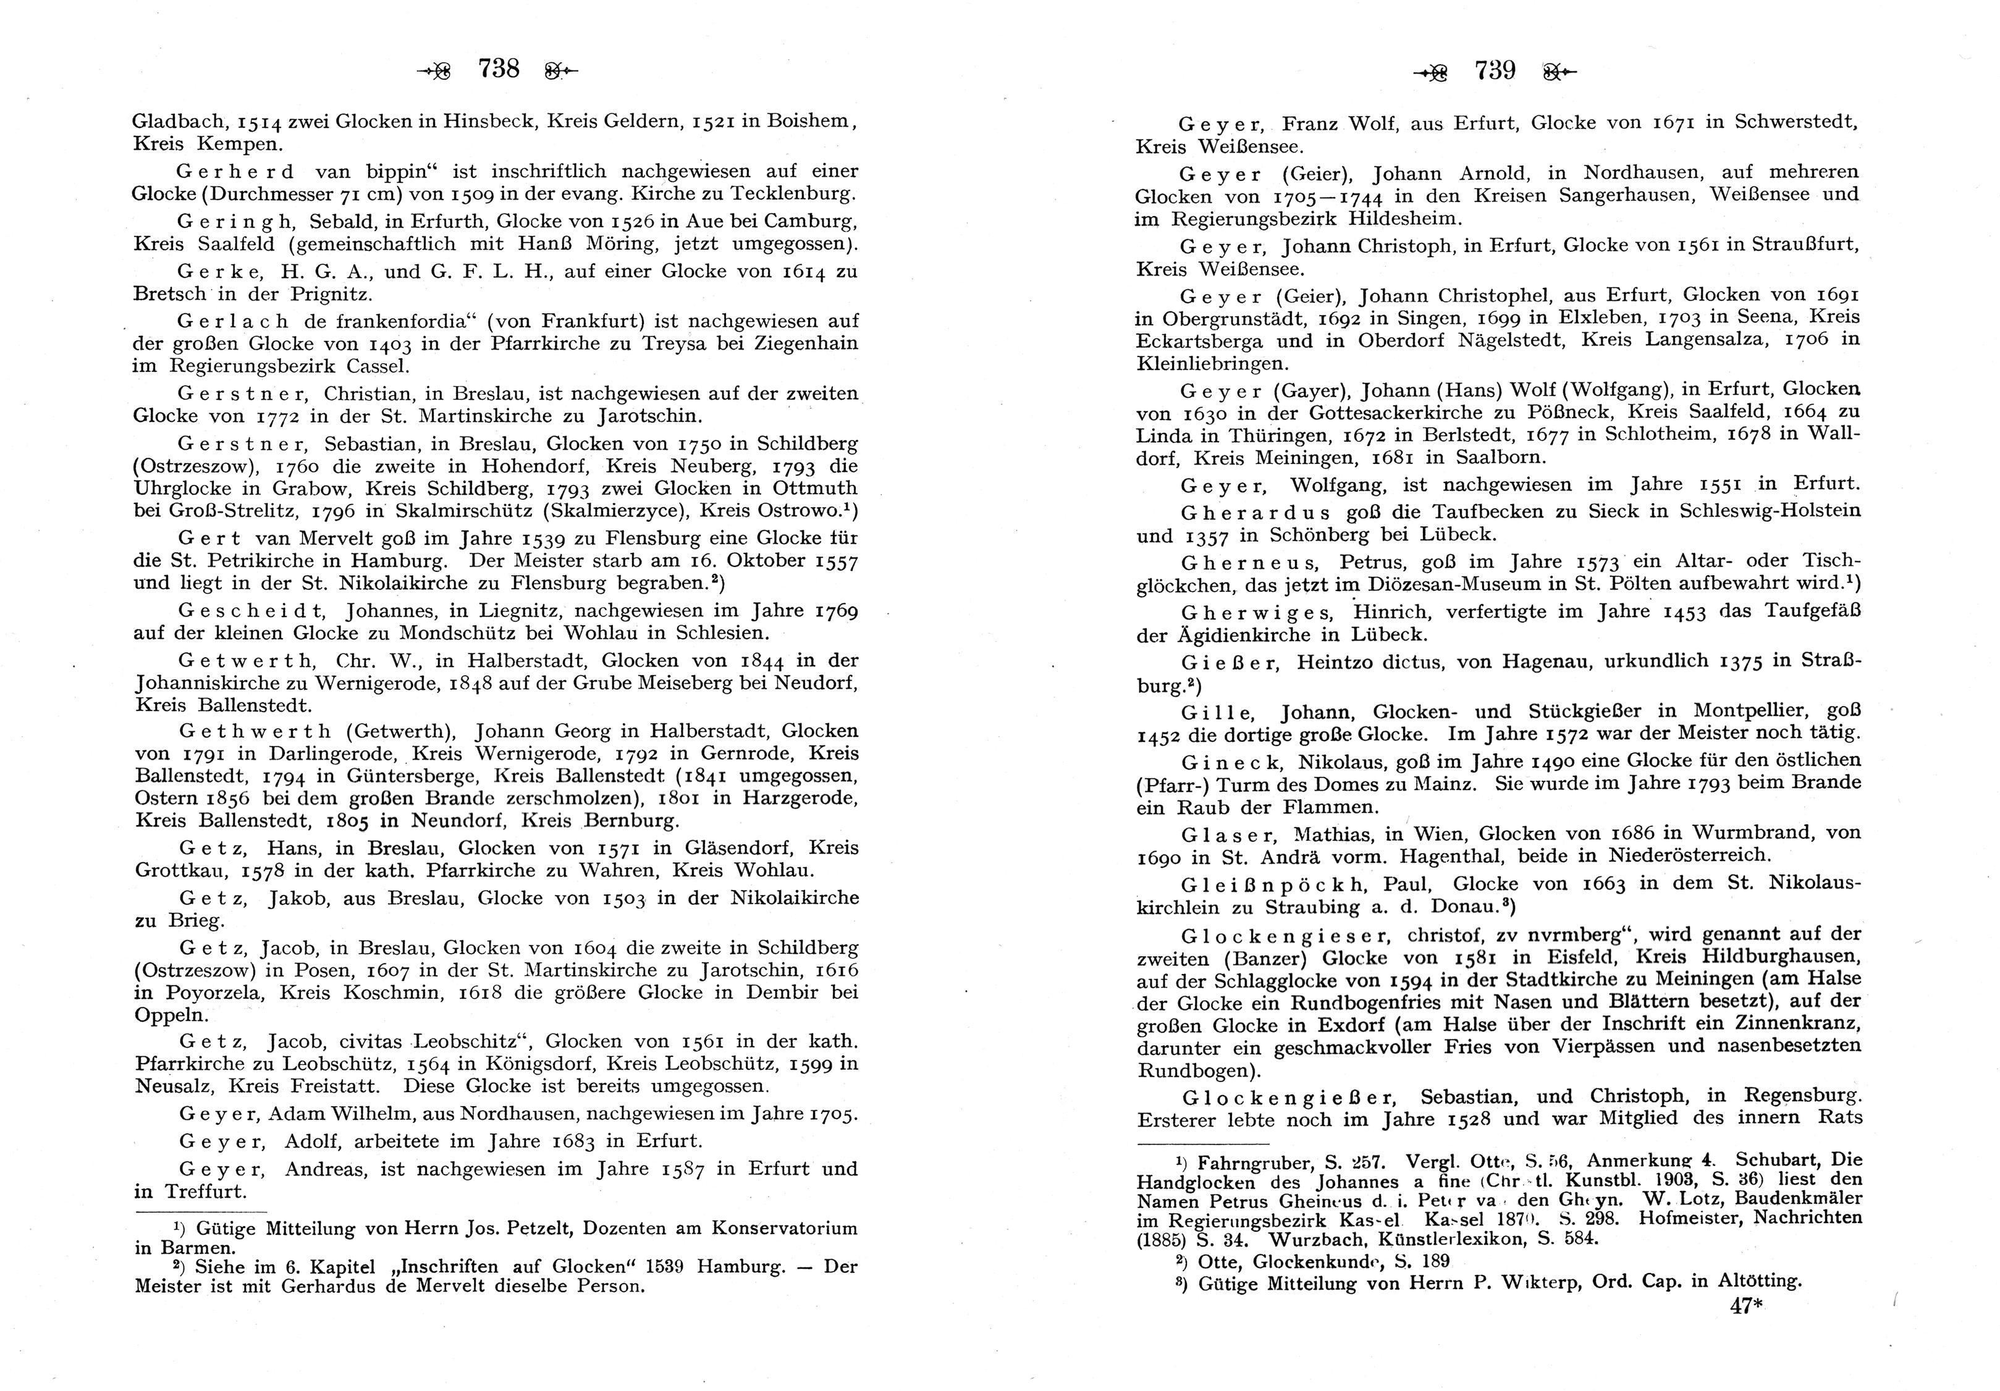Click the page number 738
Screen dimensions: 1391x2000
point(498,69)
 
